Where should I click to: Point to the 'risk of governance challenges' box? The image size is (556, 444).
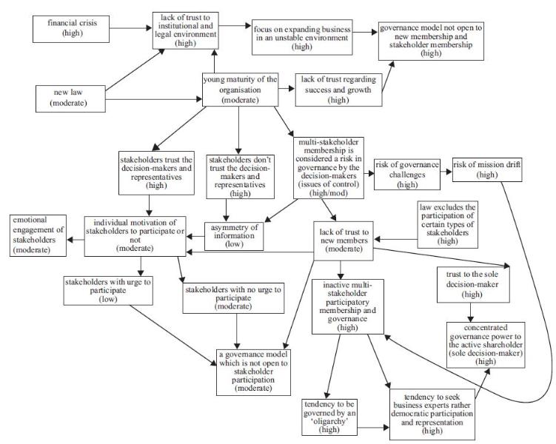click(x=407, y=174)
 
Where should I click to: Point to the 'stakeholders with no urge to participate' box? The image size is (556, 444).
click(x=232, y=297)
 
